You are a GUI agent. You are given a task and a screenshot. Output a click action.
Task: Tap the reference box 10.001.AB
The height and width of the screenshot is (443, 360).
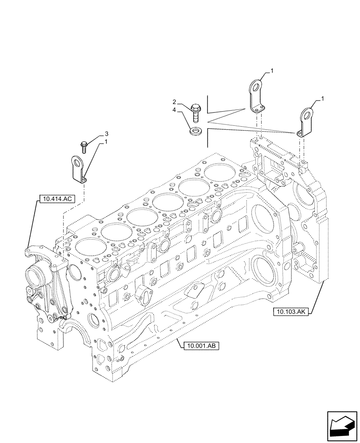[x=200, y=346]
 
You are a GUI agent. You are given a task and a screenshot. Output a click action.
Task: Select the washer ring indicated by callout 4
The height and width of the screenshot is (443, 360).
[x=195, y=132]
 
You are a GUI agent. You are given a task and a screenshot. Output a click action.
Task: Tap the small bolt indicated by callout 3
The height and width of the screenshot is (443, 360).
[x=84, y=144]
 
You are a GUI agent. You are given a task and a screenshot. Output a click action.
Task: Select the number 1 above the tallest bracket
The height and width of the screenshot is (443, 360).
[x=272, y=70]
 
